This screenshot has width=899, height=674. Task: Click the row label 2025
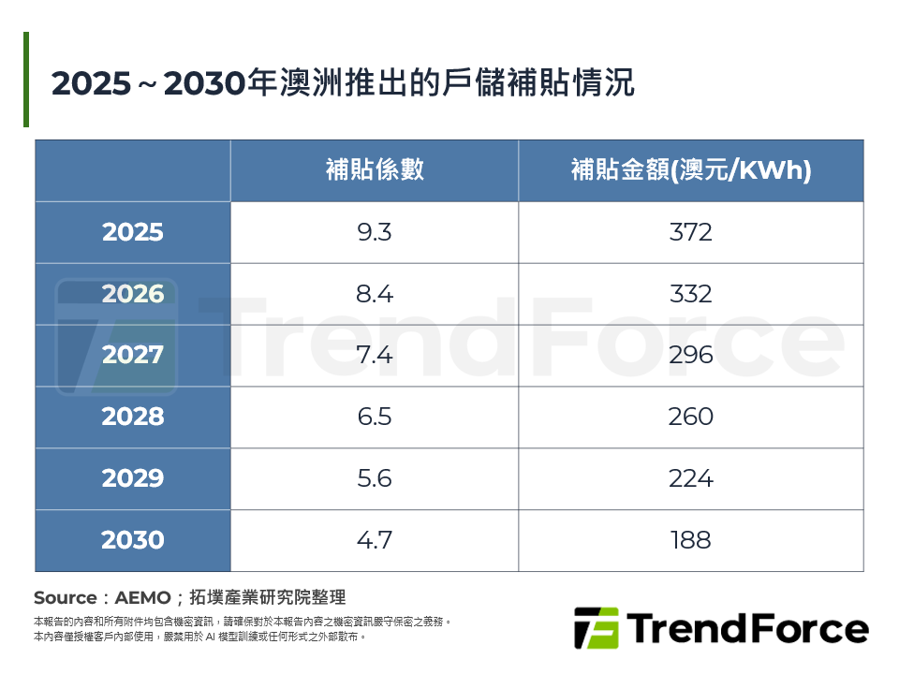click(133, 232)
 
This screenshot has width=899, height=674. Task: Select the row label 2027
click(133, 356)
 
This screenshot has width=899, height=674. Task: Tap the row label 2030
click(133, 540)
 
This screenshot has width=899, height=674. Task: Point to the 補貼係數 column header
click(375, 170)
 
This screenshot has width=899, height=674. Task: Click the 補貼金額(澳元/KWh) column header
click(691, 170)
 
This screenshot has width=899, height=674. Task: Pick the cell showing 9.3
click(375, 232)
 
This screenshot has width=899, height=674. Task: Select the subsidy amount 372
click(691, 232)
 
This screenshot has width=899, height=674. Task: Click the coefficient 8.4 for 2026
click(375, 294)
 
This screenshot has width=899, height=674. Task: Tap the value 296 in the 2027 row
click(691, 356)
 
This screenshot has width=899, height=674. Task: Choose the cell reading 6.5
click(375, 417)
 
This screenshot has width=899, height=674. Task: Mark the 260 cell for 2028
click(691, 417)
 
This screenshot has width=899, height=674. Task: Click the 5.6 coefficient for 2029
click(375, 478)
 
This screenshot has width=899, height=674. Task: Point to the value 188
click(691, 540)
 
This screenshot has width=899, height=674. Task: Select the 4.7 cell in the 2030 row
click(375, 540)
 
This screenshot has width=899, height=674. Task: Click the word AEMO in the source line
click(142, 597)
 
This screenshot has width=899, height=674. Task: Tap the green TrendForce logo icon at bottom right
click(596, 628)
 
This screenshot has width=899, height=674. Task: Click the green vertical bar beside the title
click(26, 80)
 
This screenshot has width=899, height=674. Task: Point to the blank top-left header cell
click(133, 170)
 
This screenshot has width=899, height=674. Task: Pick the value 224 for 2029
click(691, 478)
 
